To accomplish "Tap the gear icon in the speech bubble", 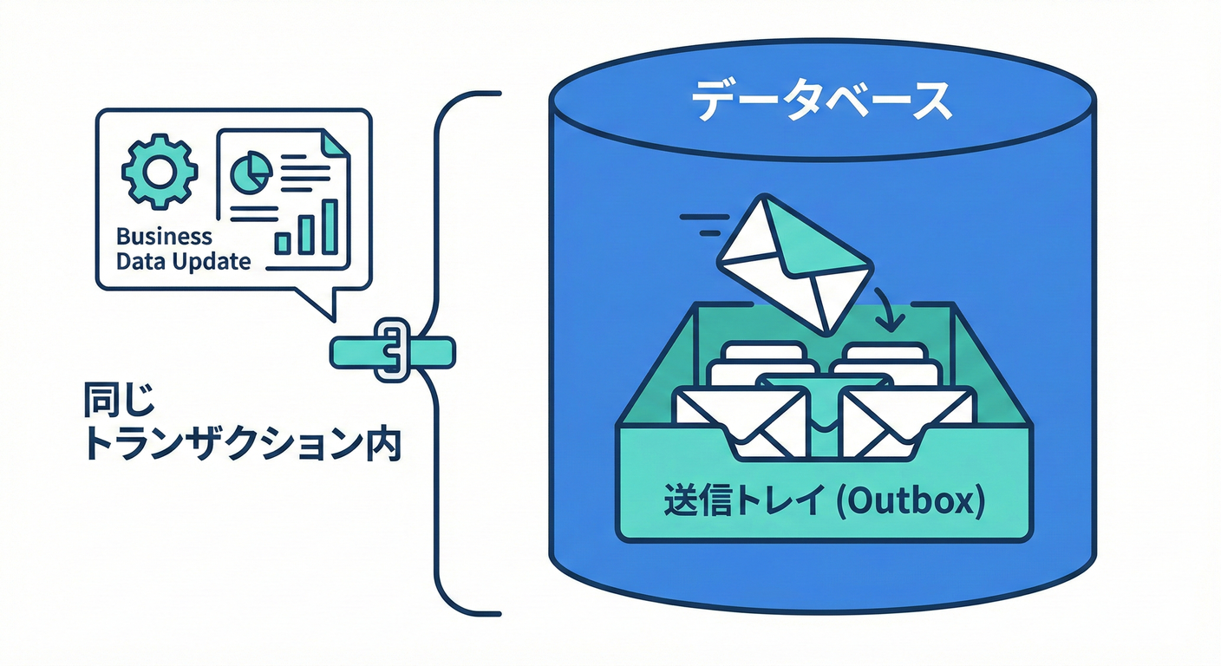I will [x=160, y=171].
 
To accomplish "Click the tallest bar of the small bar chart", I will [x=330, y=226].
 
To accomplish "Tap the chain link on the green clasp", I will [x=391, y=349].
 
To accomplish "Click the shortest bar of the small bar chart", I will [x=283, y=243].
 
